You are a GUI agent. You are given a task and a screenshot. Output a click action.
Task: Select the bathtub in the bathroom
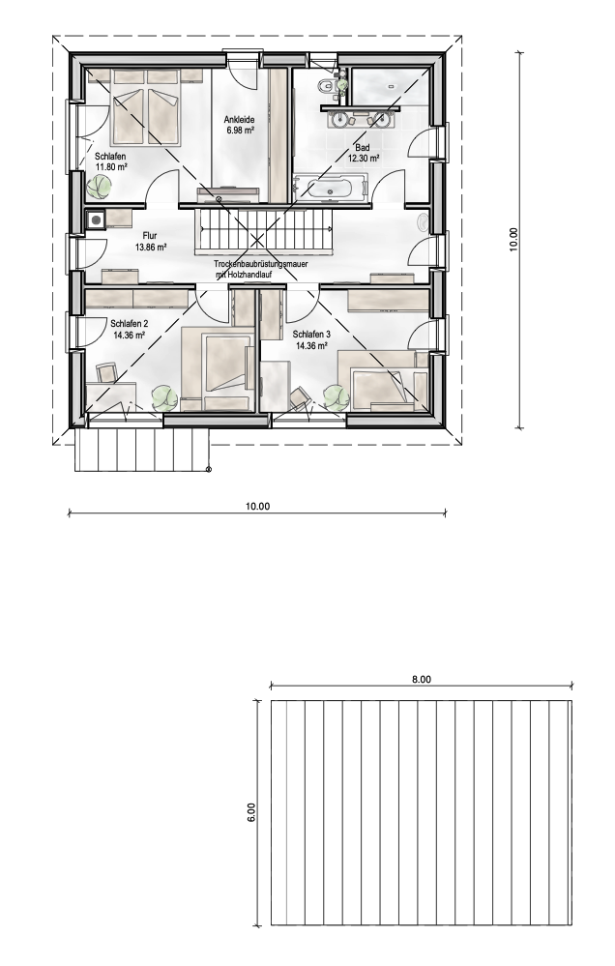[x=332, y=188]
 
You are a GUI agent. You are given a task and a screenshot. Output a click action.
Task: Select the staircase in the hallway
[x=264, y=235]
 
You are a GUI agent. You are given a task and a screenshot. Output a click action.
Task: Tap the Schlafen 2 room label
[x=129, y=324]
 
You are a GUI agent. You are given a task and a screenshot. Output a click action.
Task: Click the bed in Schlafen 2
[x=220, y=367]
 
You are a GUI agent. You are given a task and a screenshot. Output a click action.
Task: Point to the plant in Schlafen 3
[x=336, y=395]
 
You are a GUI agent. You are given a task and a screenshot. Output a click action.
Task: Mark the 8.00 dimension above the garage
[x=421, y=680]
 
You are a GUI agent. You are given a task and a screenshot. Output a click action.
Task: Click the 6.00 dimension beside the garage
[x=249, y=812]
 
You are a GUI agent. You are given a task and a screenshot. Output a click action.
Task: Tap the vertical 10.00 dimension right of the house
[x=513, y=239]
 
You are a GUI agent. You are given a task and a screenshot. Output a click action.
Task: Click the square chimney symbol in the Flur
[x=96, y=220]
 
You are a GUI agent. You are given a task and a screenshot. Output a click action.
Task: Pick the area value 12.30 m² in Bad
[x=363, y=158]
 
